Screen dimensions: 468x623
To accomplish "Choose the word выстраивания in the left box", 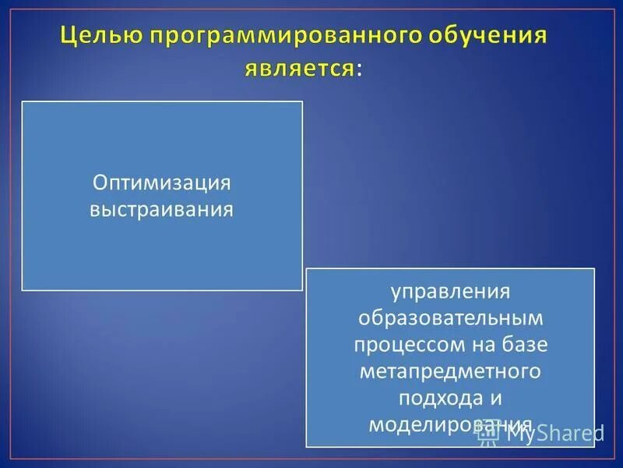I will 162,210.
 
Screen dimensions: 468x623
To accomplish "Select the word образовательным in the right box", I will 449,318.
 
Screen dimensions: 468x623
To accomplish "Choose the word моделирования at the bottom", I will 449,424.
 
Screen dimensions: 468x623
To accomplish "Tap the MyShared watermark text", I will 554,433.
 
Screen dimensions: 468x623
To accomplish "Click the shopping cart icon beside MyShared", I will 488,433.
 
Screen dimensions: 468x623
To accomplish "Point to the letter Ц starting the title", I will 68,37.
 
